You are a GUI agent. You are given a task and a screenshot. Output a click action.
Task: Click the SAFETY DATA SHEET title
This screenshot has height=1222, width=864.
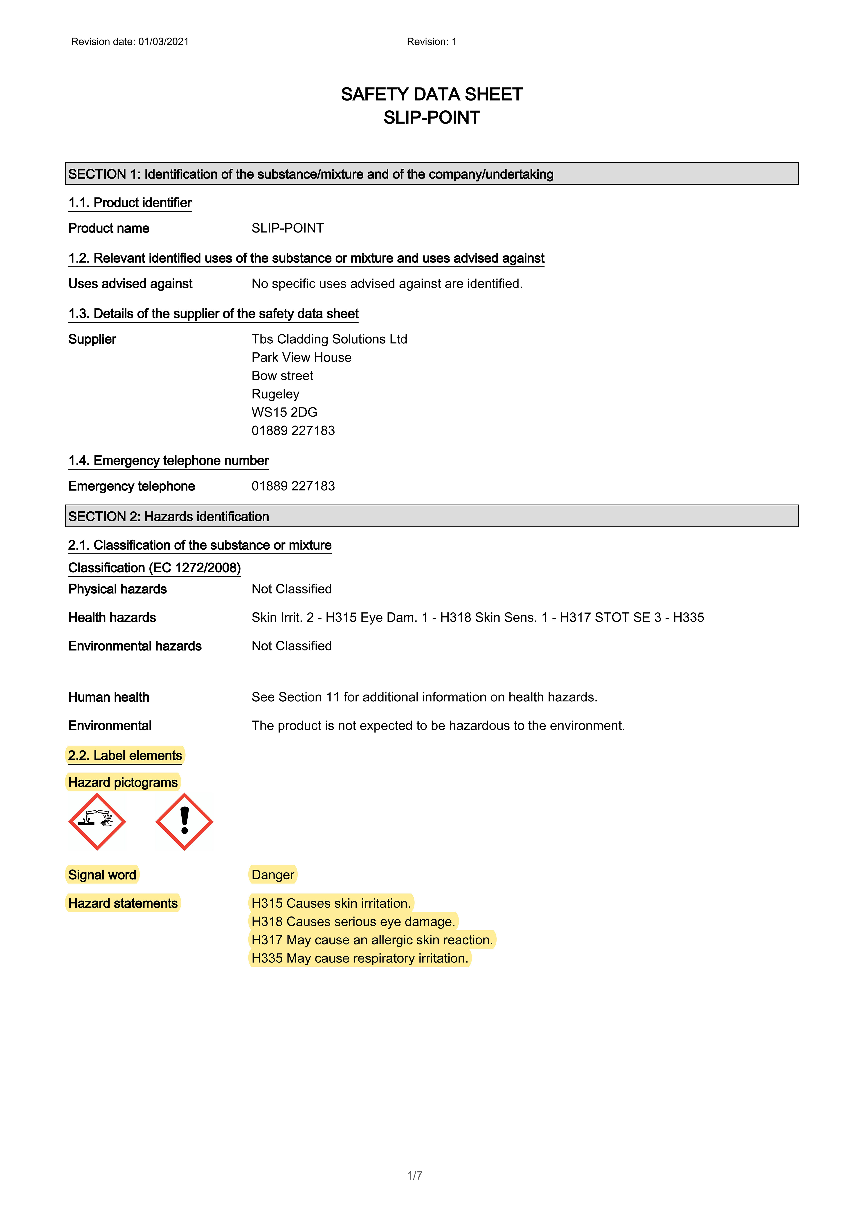pos(432,94)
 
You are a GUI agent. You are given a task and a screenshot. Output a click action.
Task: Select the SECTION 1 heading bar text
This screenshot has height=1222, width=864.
pos(310,174)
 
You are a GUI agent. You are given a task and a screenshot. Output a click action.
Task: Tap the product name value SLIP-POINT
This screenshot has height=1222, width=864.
pos(288,228)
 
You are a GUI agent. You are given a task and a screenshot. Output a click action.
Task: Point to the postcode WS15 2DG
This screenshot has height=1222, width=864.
pos(284,412)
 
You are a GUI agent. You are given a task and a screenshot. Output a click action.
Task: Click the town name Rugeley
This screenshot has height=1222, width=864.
pos(275,394)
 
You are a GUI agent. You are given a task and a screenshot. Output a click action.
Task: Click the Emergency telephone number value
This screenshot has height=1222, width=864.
pos(293,486)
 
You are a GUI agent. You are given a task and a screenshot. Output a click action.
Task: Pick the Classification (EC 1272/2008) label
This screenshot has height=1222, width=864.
pos(155,568)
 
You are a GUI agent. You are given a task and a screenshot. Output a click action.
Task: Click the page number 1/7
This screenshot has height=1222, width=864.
pos(414,1175)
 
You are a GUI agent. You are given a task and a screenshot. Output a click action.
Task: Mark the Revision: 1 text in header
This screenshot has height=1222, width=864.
pos(432,42)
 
